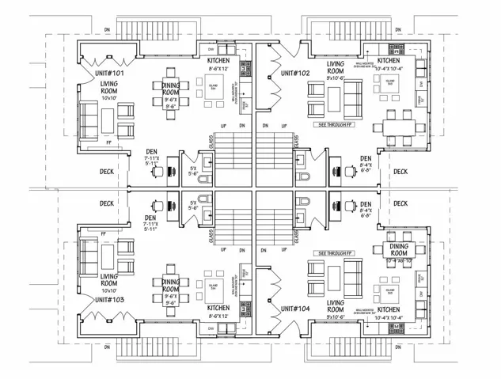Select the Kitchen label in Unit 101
click(x=218, y=60)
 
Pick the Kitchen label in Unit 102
click(x=389, y=60)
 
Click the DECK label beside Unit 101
click(x=107, y=171)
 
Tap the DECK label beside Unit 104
click(x=400, y=203)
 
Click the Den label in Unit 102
click(x=366, y=157)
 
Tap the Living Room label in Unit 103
click(x=108, y=280)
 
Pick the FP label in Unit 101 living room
click(x=108, y=143)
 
